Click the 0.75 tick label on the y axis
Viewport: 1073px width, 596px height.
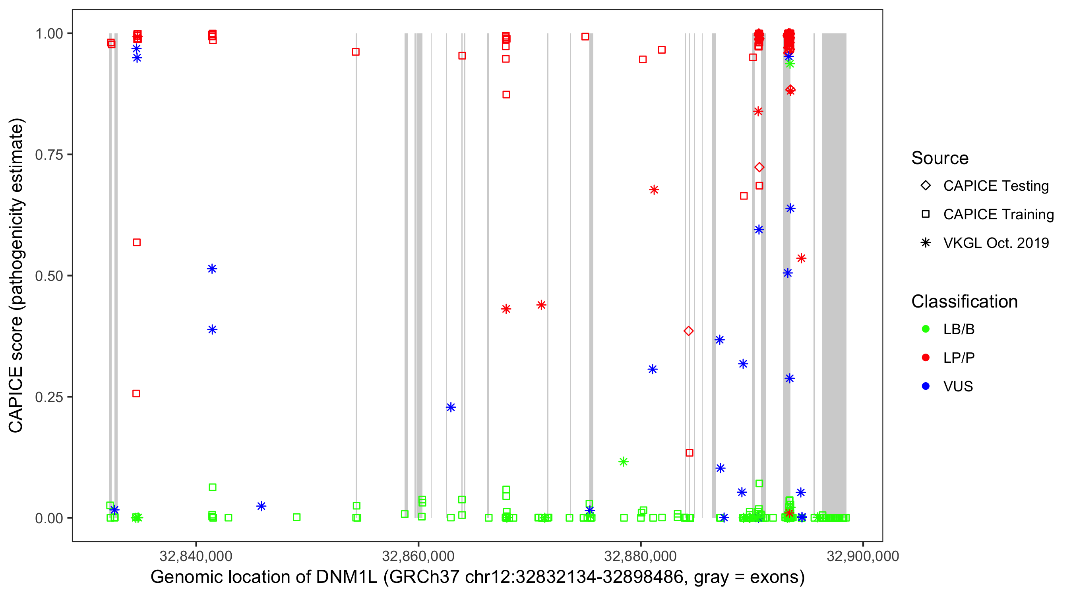click(48, 155)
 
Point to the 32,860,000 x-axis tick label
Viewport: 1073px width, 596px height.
click(418, 556)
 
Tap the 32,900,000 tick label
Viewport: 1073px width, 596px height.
click(862, 556)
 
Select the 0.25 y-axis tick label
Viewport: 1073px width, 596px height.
click(48, 397)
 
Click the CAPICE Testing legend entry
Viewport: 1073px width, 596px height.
click(996, 186)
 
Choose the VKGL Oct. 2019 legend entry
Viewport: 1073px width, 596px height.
click(996, 243)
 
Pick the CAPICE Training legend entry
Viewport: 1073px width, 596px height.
click(998, 215)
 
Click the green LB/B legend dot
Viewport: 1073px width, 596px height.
click(926, 329)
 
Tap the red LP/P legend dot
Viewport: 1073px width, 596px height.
click(926, 358)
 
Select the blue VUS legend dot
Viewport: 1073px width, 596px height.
click(926, 387)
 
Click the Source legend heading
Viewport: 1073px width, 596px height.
click(939, 158)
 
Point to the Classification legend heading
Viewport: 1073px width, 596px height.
click(964, 302)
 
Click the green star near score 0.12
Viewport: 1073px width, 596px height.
click(623, 461)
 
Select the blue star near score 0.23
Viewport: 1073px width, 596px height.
click(451, 407)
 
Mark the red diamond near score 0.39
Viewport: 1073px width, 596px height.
click(689, 331)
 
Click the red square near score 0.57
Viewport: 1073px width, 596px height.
click(137, 242)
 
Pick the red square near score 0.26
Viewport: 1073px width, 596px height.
click(136, 394)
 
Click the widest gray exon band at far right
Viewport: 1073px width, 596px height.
click(834, 275)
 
